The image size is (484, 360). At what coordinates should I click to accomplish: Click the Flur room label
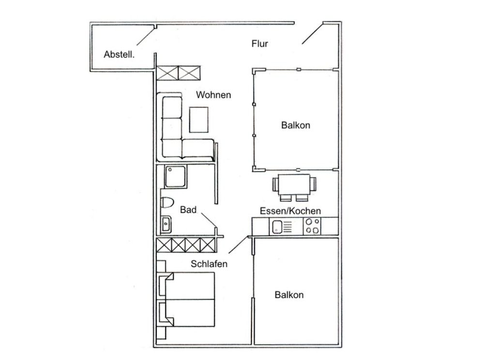pos(259,44)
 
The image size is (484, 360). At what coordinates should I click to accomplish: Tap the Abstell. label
pos(119,54)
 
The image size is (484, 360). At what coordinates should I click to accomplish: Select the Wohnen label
pos(213,95)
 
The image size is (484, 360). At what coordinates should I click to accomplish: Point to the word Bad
pos(188,210)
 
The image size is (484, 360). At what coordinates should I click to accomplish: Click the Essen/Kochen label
pos(290,211)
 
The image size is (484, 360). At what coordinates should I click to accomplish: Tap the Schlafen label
pos(209,264)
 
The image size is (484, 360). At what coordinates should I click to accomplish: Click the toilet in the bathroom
pos(167,202)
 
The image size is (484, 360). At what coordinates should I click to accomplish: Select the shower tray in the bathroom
pos(176,177)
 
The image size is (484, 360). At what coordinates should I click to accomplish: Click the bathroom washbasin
pos(166,224)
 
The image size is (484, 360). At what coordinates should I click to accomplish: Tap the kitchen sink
pos(277,227)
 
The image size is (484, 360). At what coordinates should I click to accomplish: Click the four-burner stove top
pos(312,226)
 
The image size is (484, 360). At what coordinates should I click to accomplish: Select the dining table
pos(294,184)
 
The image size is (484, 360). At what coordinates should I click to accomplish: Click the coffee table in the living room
pos(199,120)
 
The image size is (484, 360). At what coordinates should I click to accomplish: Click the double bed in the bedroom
pos(187,299)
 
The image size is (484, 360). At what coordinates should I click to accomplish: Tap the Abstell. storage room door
pos(146,36)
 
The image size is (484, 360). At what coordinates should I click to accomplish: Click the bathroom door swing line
pos(209,220)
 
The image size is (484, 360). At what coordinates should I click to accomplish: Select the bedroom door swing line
pos(238,245)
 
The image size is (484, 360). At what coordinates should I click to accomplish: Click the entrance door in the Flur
pos(312,33)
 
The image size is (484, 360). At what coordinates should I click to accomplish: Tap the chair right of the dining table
pos(313,184)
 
